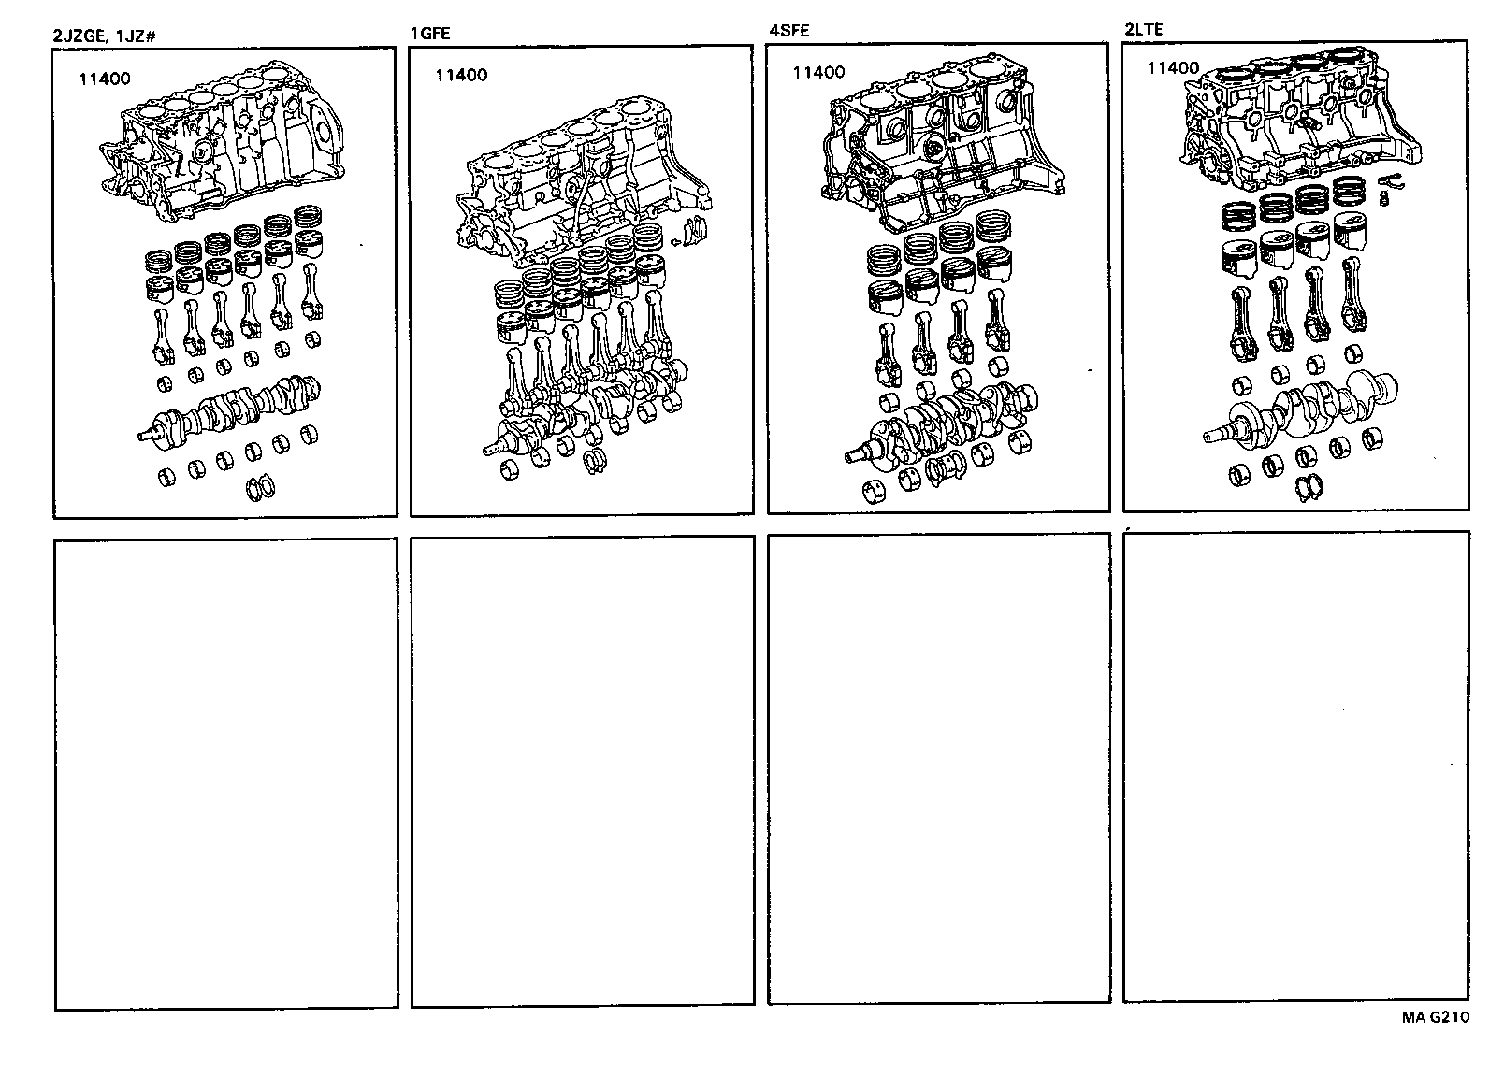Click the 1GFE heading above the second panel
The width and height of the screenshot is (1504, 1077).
click(x=430, y=34)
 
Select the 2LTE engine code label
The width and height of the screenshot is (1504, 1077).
click(x=1143, y=31)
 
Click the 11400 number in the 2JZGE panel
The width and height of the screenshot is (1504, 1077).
click(x=104, y=79)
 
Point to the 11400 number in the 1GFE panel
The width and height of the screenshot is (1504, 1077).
click(x=460, y=75)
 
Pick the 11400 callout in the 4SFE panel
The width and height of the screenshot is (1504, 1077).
click(x=818, y=72)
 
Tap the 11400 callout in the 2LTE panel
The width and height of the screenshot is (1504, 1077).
click(x=1173, y=67)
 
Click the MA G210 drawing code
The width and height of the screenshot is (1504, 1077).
click(x=1434, y=1017)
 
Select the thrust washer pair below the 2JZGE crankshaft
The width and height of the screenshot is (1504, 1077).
click(x=257, y=487)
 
